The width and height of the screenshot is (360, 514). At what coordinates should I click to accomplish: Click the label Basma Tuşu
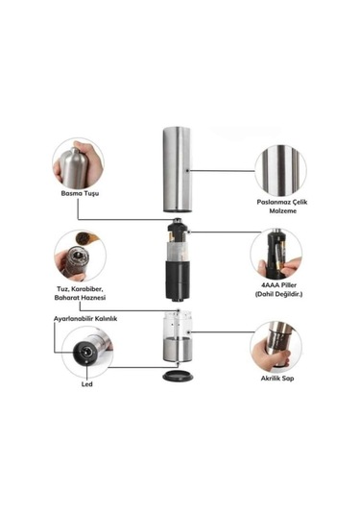80,193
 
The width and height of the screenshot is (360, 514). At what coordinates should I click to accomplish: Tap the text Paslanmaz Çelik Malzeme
281,207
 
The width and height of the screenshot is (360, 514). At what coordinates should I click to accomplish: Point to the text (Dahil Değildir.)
278,294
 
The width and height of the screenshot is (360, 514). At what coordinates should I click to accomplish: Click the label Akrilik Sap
277,379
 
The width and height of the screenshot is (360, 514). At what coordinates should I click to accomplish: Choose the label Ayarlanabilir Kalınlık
85,319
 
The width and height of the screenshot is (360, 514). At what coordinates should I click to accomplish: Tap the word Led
86,384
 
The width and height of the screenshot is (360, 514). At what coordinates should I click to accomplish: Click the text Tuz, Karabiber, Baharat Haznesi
80,293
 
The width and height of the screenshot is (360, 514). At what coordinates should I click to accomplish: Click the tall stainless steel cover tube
178,169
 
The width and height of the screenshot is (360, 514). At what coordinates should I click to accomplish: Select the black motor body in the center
178,261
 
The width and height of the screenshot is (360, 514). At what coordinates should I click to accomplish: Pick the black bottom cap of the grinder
179,376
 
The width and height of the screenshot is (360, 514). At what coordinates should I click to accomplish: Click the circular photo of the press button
78,163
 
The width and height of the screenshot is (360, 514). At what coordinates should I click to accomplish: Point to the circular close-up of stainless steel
280,170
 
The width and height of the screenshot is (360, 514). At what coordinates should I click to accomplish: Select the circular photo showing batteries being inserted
276,254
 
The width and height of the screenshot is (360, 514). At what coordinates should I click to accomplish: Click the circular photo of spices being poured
80,256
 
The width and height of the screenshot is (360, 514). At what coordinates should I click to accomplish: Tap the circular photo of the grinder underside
87,352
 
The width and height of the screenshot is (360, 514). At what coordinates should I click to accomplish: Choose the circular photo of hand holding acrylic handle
276,347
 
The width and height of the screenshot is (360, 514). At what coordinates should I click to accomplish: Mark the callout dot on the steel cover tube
186,171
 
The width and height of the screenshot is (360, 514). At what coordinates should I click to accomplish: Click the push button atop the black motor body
177,220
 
